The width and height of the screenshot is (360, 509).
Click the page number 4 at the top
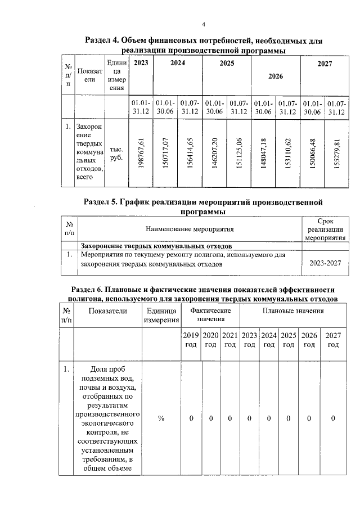pos(205,24)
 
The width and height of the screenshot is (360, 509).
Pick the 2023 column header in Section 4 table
pos(141,64)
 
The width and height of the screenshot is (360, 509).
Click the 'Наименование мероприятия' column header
pos(190,229)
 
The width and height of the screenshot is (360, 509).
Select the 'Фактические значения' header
pos(210,315)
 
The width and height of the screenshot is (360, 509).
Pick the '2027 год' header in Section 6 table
pos(334,340)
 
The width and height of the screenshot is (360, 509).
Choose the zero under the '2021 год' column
pos(229,418)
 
